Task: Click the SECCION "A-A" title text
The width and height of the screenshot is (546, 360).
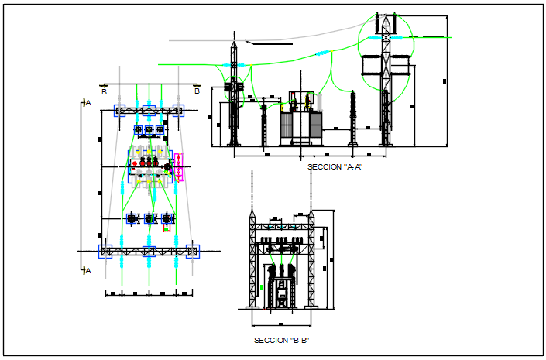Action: click(335, 166)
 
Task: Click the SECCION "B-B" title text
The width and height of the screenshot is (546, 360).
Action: click(282, 340)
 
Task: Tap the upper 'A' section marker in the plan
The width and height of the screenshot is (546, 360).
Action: click(88, 102)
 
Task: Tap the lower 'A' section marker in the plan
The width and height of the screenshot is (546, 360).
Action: click(88, 270)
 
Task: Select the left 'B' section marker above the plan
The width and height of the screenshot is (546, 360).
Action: click(104, 91)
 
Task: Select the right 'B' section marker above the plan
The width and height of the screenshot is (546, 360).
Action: click(197, 91)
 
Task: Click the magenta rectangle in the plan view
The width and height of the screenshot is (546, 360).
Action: click(180, 166)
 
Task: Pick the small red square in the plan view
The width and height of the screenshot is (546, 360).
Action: click(167, 229)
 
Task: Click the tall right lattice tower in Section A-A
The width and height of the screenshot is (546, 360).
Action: click(385, 85)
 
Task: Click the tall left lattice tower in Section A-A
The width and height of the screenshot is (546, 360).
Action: click(233, 97)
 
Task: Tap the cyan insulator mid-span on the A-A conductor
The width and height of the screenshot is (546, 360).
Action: click(323, 53)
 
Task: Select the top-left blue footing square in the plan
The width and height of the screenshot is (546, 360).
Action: click(120, 111)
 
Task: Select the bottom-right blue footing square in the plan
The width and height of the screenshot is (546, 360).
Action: click(193, 251)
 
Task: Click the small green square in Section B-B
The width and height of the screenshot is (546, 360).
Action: click(262, 287)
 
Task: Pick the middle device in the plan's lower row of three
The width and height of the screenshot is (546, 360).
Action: click(149, 219)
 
